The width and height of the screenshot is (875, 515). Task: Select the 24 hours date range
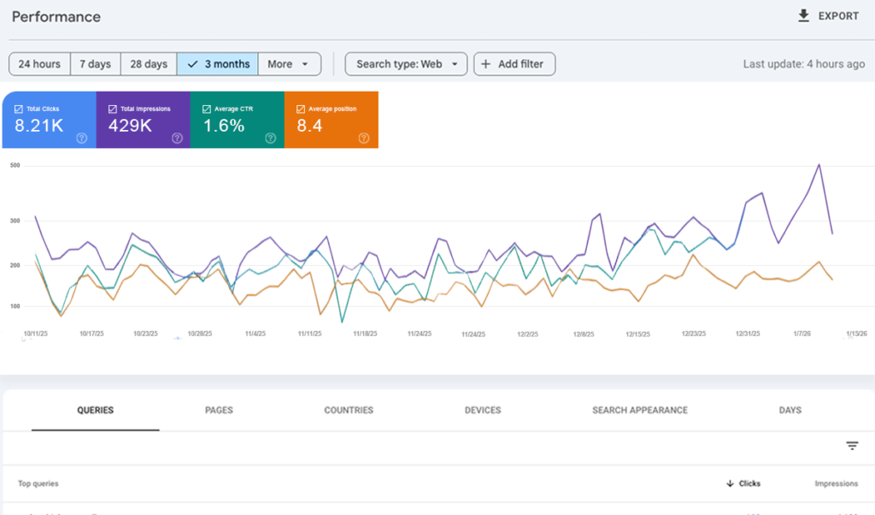click(x=39, y=64)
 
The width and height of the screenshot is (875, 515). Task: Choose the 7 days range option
click(x=95, y=64)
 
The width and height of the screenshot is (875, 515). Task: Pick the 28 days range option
click(x=149, y=64)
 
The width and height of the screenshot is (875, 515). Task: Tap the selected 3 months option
click(x=218, y=64)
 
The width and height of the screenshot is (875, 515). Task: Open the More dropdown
click(x=290, y=64)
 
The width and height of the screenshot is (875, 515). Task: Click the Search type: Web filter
click(x=406, y=64)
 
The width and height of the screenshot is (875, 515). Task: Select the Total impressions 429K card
click(x=143, y=121)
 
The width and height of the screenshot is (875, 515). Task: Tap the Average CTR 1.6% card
click(x=237, y=121)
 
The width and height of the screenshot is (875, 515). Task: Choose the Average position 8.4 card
click(x=331, y=121)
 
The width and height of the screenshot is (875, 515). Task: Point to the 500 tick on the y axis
click(x=15, y=165)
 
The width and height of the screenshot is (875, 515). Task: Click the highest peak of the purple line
click(x=819, y=164)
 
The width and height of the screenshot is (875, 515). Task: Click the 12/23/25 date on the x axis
click(x=694, y=334)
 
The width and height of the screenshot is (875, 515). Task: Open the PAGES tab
click(x=219, y=411)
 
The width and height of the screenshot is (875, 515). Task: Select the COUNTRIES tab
click(x=349, y=411)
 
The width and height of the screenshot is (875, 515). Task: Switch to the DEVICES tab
click(x=483, y=411)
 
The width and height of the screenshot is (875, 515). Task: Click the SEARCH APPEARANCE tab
click(x=640, y=411)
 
